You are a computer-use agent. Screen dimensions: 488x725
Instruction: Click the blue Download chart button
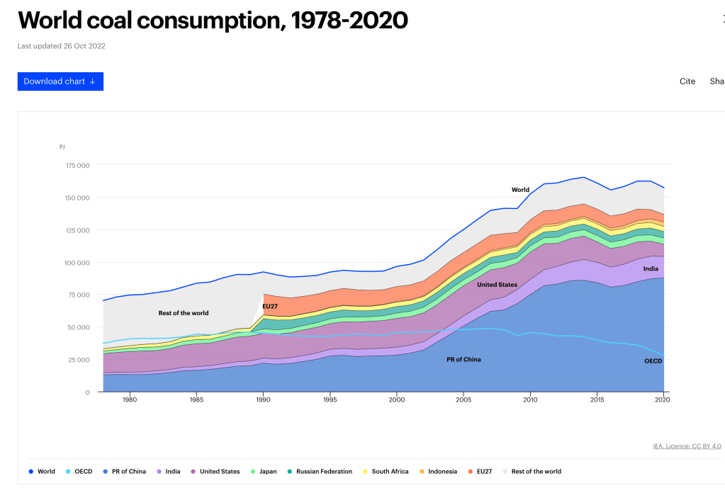pyautogui.click(x=60, y=81)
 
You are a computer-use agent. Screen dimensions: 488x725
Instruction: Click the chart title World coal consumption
pyautogui.click(x=213, y=21)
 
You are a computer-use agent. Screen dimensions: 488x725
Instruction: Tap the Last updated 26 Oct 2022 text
pyautogui.click(x=62, y=46)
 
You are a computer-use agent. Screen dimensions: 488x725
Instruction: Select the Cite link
pyautogui.click(x=687, y=81)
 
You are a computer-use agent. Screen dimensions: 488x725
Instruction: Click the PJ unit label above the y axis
pyautogui.click(x=62, y=147)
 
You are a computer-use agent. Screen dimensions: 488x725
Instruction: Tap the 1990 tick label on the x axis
pyautogui.click(x=263, y=400)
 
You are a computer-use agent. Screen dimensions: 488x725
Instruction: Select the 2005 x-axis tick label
pyautogui.click(x=463, y=400)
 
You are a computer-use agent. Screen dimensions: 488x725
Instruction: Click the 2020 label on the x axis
pyautogui.click(x=663, y=400)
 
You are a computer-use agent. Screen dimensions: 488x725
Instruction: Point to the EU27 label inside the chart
pyautogui.click(x=270, y=307)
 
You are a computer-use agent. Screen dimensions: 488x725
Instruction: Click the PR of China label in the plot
pyautogui.click(x=463, y=360)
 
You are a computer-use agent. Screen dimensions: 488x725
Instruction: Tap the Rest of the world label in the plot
pyautogui.click(x=184, y=313)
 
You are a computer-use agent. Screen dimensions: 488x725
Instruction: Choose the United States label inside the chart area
pyautogui.click(x=497, y=285)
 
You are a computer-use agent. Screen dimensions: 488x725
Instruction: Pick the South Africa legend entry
pyautogui.click(x=386, y=472)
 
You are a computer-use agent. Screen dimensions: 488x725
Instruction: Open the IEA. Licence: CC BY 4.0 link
pyautogui.click(x=687, y=446)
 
